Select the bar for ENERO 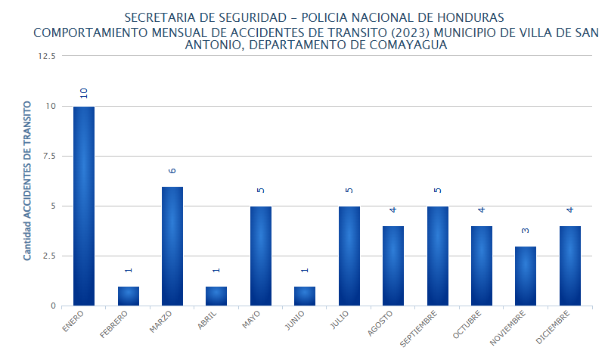[84, 206]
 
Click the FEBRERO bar [128, 296]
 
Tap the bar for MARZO [172, 246]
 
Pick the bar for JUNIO [305, 296]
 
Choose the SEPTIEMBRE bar [437, 256]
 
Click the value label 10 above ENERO [84, 93]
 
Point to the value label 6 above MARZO [172, 172]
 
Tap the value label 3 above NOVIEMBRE [526, 232]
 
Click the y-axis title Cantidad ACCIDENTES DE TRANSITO [27, 181]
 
